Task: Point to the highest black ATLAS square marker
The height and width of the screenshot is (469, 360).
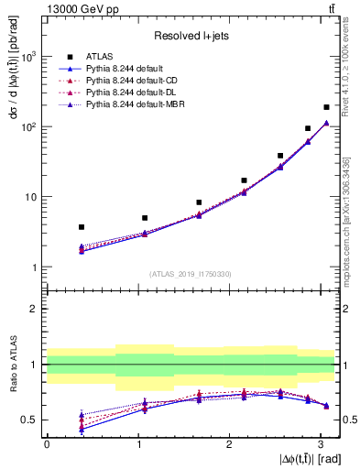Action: pyautogui.click(x=326, y=107)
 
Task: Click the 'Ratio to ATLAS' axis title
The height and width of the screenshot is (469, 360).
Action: pyautogui.click(x=11, y=376)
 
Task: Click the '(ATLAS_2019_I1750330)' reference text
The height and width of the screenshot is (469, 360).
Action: pyautogui.click(x=191, y=274)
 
